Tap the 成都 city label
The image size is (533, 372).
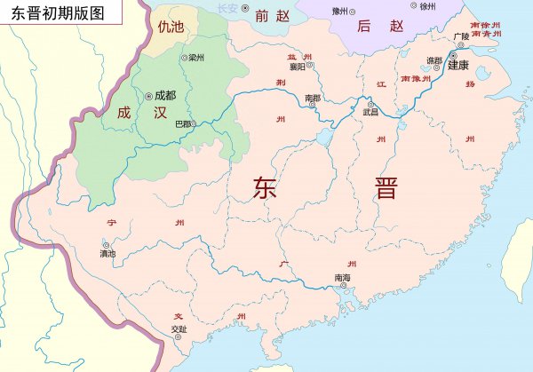165,94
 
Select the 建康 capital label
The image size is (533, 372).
458,64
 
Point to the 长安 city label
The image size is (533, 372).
228,8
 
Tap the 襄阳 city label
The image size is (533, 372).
296,66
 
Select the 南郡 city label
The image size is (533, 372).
312,97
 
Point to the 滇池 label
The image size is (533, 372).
107,254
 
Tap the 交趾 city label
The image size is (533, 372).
179,329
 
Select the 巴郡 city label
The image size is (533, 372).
181,123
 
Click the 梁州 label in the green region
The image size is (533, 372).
196,58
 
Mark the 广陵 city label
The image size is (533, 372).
459,36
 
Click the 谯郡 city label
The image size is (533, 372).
434,60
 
